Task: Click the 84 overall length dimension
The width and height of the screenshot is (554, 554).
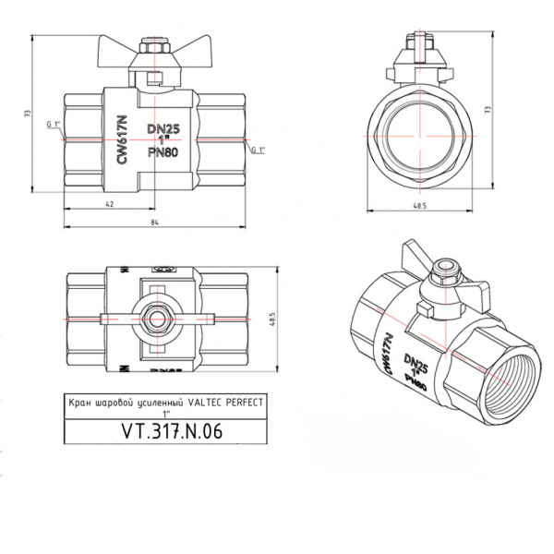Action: [x=154, y=222]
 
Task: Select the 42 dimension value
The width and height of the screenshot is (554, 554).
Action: [x=109, y=205]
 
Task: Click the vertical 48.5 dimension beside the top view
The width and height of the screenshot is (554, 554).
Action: [x=272, y=318]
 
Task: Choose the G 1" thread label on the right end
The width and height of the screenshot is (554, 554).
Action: [x=258, y=150]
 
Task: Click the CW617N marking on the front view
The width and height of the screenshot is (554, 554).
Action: [x=121, y=141]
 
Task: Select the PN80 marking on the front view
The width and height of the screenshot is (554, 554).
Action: [x=163, y=153]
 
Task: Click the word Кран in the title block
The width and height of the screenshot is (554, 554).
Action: [x=81, y=403]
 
